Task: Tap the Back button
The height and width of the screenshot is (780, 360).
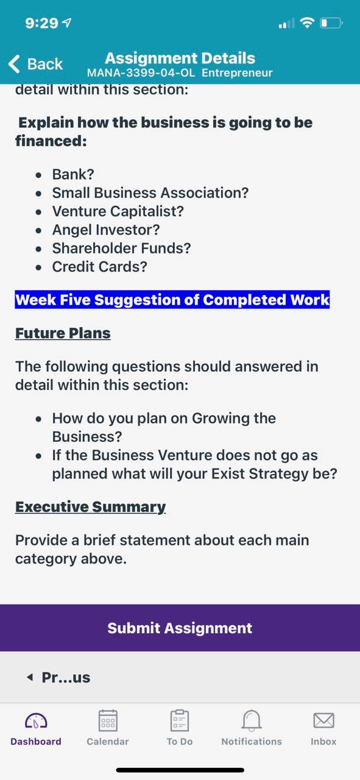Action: pos(35,64)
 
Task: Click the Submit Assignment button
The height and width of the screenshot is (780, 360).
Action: pos(180,628)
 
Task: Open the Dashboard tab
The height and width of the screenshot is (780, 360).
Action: pos(36,728)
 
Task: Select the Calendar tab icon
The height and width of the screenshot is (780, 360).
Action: pos(108,720)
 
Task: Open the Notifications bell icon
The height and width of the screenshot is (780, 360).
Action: pos(252,720)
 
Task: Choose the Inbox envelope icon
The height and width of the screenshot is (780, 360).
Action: pos(324,720)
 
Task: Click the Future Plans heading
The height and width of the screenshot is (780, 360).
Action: pos(63,333)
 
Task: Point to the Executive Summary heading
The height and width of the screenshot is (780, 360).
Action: pos(91,507)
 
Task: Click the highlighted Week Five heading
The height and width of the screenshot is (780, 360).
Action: pos(172,299)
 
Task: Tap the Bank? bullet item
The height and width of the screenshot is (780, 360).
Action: pos(73,174)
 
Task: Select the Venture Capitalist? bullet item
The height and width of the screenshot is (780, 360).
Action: pos(118,211)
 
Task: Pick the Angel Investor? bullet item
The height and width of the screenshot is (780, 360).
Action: pos(106,230)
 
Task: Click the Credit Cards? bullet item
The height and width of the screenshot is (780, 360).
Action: pos(100,267)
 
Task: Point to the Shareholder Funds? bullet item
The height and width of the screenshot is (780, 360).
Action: pos(121,248)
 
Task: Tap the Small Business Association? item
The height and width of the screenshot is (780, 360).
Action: pos(150,193)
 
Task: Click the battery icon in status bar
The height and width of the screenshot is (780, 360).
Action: pos(331,23)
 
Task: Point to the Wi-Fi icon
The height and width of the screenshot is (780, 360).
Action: pos(307,23)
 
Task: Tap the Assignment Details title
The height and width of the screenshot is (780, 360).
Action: pos(180,58)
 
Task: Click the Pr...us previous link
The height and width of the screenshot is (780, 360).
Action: pos(58,677)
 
